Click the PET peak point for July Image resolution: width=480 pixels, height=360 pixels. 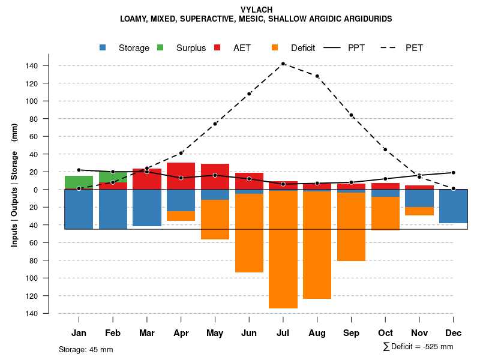point(283,64)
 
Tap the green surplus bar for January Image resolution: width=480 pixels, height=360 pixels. point(79,182)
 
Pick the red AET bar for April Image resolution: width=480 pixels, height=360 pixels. point(181,171)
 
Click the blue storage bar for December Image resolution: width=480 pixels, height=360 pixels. point(453,206)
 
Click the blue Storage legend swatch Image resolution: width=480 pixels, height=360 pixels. point(103,47)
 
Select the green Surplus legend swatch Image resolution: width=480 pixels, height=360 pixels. point(161,47)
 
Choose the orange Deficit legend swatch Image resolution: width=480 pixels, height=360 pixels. point(275,47)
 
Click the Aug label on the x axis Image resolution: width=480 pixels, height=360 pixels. point(317,333)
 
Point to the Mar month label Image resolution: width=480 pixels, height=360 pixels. point(147,333)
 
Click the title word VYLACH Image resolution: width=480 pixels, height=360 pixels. point(256,10)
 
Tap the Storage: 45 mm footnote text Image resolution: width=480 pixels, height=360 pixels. point(86,349)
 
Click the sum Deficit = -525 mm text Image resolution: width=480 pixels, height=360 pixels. point(418,347)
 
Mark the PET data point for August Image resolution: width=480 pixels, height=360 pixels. point(317,76)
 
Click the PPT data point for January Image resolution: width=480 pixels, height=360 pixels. point(79,170)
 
